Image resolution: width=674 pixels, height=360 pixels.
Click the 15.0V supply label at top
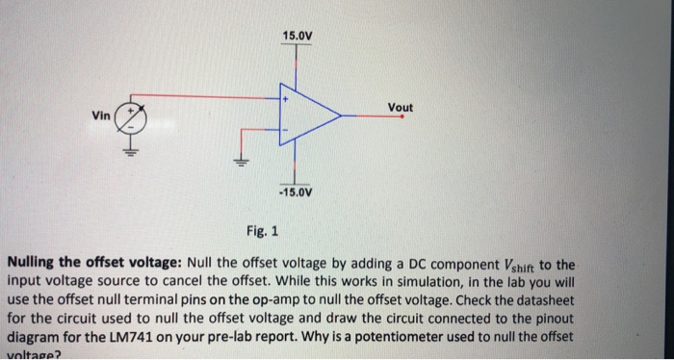pos(297,37)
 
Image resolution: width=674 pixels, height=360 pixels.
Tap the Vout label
pos(400,107)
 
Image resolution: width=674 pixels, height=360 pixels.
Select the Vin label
pos(100,116)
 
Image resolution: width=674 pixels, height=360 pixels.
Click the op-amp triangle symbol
pos(306,116)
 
